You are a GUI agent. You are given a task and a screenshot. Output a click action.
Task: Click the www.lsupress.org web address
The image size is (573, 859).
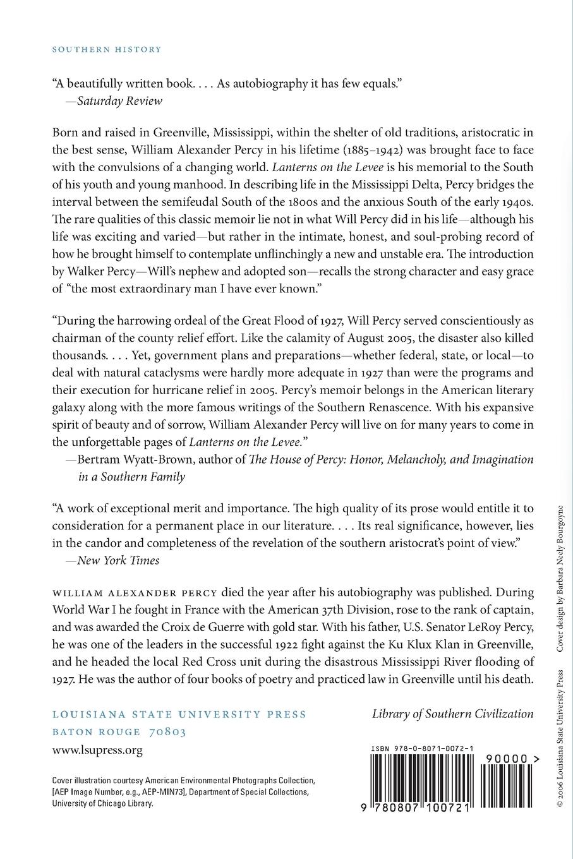click(97, 750)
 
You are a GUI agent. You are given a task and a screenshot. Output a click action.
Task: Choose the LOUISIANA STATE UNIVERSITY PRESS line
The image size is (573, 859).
click(179, 714)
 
